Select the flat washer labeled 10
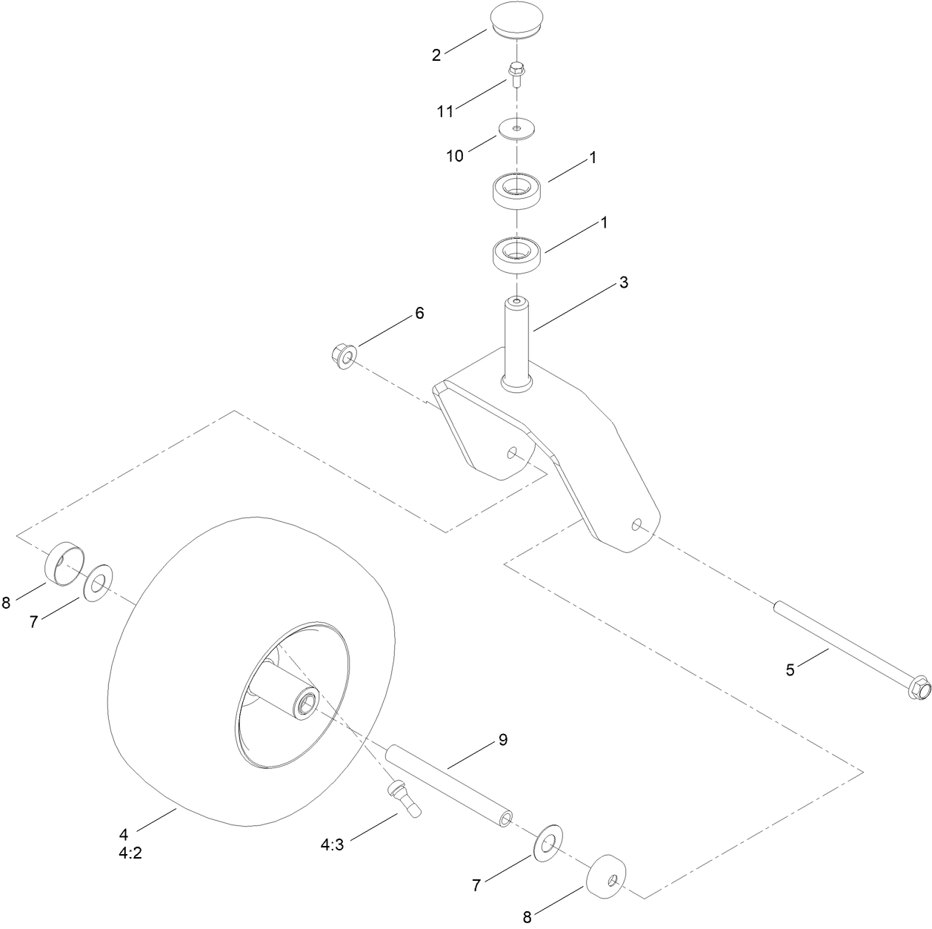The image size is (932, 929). click(x=516, y=129)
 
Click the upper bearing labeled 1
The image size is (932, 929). click(x=517, y=191)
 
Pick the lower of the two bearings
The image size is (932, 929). click(x=517, y=254)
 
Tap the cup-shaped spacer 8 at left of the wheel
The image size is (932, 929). click(x=64, y=563)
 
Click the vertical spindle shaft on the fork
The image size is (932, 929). click(x=517, y=342)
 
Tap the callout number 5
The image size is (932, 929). click(x=790, y=670)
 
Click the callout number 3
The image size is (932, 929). click(x=624, y=282)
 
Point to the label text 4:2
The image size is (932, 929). click(x=130, y=853)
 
